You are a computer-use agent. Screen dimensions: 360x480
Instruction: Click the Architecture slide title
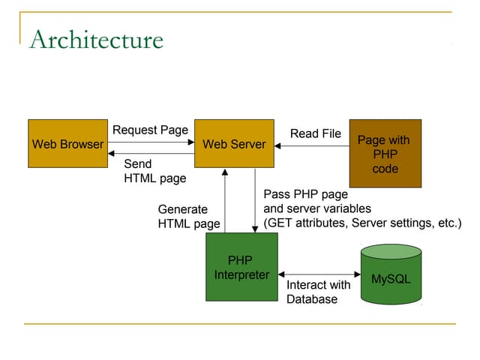[x=96, y=39]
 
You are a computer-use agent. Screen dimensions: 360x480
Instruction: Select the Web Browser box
[x=67, y=143]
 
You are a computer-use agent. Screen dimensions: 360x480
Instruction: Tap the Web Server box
[x=234, y=143]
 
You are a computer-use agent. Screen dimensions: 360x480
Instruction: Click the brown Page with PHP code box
[x=385, y=153]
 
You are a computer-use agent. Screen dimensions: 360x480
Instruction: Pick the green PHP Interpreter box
[x=241, y=267]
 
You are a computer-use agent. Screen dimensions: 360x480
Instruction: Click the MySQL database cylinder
[x=391, y=274]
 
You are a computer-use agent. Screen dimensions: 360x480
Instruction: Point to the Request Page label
[x=150, y=130]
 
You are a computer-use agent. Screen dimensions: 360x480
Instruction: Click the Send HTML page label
[x=154, y=171]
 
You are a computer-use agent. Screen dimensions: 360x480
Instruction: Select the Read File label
[x=315, y=133]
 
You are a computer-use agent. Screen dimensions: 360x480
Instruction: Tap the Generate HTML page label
[x=189, y=216]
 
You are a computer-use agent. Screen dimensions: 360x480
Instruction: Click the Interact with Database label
[x=318, y=292]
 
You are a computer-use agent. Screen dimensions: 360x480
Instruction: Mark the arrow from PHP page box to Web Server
[x=311, y=146]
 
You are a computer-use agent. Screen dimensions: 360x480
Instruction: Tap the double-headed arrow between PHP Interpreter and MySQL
[x=319, y=274]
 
